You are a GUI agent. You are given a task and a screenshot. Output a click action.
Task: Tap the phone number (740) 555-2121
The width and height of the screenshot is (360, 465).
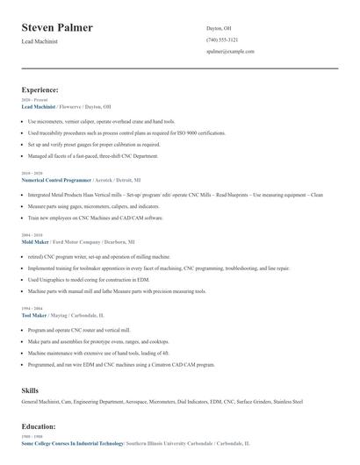[222, 39]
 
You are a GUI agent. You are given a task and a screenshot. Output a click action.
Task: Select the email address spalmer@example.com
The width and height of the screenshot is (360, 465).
[230, 51]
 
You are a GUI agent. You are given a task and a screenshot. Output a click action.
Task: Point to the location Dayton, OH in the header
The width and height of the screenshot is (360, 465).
[220, 28]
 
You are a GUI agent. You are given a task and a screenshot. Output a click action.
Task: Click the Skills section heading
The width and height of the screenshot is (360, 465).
[31, 390]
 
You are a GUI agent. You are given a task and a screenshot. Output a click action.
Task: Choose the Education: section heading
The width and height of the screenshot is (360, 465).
[39, 426]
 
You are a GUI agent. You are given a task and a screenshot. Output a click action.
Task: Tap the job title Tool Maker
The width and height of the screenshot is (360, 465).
[32, 315]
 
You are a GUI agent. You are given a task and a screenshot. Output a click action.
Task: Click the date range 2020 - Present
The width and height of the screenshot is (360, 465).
[34, 100]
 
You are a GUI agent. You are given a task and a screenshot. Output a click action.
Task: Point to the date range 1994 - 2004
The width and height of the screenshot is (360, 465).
[32, 309]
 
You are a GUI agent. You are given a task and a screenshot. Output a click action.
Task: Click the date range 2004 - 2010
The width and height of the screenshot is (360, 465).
[32, 235]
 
